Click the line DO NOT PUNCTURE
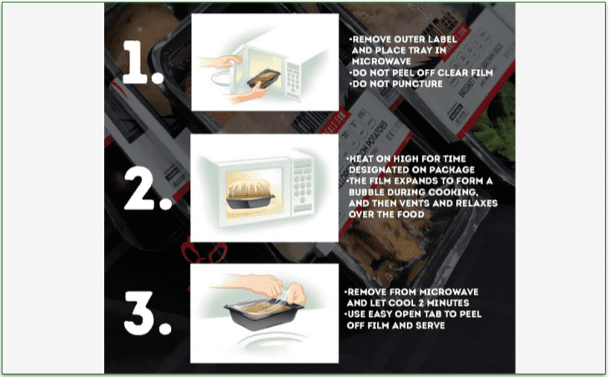tap(396, 84)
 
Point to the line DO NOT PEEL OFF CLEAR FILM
tap(421, 73)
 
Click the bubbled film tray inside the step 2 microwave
tap(249, 192)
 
